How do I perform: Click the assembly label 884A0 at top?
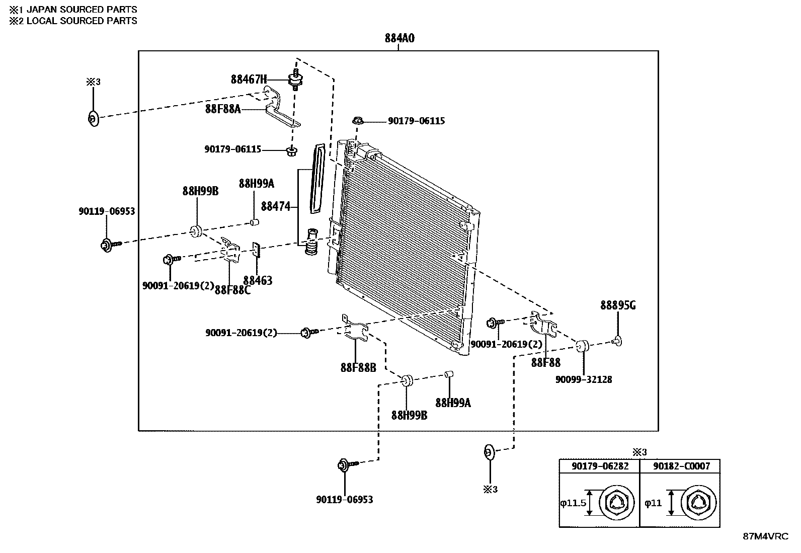coord(399,38)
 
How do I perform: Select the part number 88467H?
coord(249,79)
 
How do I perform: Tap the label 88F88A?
coord(222,108)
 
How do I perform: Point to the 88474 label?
coord(276,206)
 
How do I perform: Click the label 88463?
coord(258,280)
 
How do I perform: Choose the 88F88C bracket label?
coord(232,290)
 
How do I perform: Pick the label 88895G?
coord(617,305)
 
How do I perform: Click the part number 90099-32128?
coord(584,379)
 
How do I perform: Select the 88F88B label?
coord(358,367)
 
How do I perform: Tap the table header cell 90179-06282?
coord(600,466)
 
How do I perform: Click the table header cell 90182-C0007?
coord(681,466)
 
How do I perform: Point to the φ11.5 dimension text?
coord(573,502)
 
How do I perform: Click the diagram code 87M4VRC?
coord(765,536)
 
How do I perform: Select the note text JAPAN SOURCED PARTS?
coord(81,10)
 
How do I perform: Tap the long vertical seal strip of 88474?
coord(318,179)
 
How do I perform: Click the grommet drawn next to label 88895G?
coord(618,342)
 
